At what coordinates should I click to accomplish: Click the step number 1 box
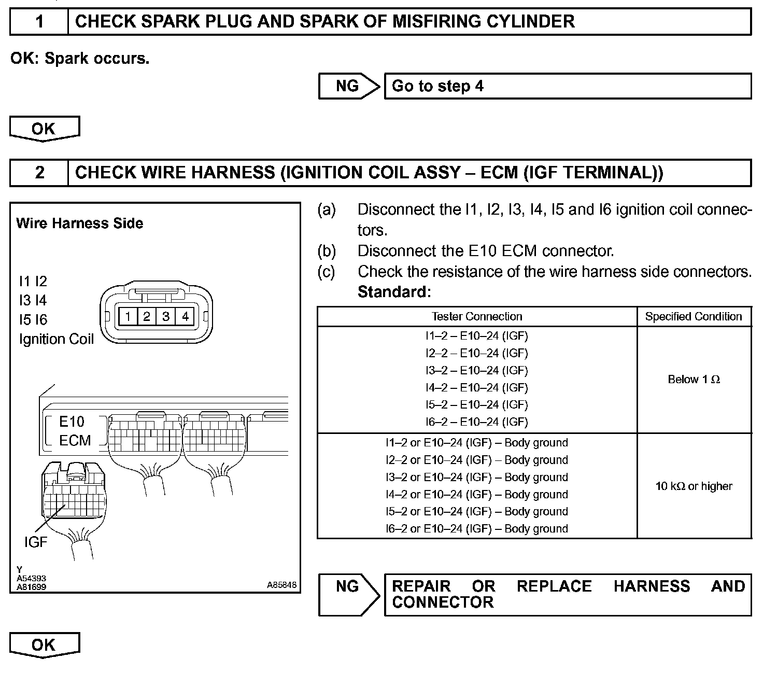click(x=39, y=22)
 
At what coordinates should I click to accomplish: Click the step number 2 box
click(x=39, y=173)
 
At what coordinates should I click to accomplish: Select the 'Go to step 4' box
click(x=567, y=86)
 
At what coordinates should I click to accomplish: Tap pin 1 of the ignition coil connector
click(x=128, y=316)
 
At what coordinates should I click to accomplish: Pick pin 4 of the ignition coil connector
click(x=186, y=316)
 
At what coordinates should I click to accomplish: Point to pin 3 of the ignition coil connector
click(x=166, y=316)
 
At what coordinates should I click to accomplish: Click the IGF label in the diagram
click(x=35, y=542)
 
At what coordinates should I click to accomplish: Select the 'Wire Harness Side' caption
click(x=80, y=223)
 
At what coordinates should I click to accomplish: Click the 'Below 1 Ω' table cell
click(x=694, y=380)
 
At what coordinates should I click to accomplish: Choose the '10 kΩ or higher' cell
click(x=694, y=486)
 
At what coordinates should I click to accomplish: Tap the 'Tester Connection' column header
click(x=477, y=316)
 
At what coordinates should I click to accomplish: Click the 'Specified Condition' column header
click(x=694, y=316)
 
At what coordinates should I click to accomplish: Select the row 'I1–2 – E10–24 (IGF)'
click(x=477, y=336)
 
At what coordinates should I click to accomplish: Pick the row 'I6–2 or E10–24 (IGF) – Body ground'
click(x=477, y=529)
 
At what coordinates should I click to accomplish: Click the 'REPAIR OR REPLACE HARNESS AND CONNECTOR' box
click(x=567, y=594)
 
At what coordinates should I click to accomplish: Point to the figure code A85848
click(x=282, y=585)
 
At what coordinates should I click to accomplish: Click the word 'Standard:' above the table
click(x=394, y=292)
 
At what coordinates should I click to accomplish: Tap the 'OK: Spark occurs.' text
click(x=80, y=59)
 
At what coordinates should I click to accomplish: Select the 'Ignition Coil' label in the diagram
click(x=56, y=339)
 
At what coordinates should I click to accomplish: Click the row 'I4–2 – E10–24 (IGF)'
click(x=477, y=387)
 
